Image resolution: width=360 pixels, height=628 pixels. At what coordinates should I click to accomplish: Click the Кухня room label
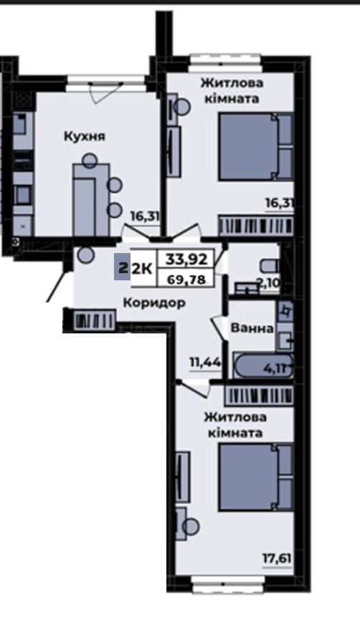(x=85, y=137)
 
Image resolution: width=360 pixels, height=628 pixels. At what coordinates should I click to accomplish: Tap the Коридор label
(x=154, y=303)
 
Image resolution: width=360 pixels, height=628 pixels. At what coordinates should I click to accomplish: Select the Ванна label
(x=252, y=328)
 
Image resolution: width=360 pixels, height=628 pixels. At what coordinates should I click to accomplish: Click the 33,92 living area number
(x=187, y=260)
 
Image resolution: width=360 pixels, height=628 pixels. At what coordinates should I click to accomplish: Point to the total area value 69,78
(x=187, y=279)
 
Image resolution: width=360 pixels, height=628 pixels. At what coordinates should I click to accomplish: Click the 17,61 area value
(x=276, y=558)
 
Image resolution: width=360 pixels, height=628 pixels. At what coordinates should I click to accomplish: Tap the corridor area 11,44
(x=205, y=363)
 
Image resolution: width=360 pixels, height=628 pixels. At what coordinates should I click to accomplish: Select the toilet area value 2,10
(x=269, y=284)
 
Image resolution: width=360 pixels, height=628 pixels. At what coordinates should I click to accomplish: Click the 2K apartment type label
(x=142, y=269)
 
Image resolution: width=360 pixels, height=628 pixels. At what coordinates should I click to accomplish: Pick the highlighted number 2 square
(x=122, y=266)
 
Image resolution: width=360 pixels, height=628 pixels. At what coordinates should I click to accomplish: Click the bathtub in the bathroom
(x=263, y=366)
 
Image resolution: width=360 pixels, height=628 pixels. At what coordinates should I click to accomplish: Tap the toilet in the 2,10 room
(x=270, y=265)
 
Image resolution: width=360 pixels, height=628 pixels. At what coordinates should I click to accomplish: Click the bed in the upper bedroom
(x=256, y=146)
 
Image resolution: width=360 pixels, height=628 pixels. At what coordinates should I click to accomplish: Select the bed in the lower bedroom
(x=256, y=477)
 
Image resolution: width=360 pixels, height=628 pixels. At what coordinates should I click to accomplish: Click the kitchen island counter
(x=91, y=199)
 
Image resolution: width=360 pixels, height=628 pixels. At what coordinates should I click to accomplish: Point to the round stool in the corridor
(x=85, y=254)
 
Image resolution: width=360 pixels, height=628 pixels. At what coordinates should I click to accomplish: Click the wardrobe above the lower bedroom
(x=260, y=395)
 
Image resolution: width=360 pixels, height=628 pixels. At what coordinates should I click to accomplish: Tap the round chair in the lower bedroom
(x=191, y=526)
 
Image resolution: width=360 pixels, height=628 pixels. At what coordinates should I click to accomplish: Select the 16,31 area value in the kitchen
(x=145, y=217)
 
